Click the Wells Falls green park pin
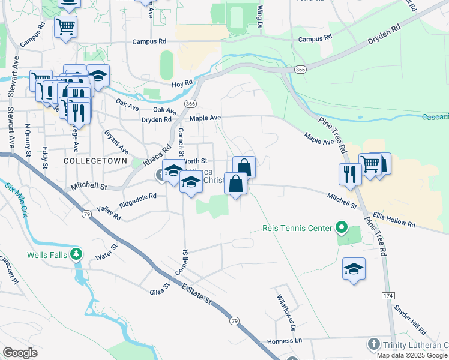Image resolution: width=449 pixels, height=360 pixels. coord(76,254)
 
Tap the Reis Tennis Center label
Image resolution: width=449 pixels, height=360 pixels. coord(297,228)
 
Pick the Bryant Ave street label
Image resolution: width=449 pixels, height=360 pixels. coord(116,142)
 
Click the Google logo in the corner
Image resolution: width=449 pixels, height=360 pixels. coord(20,353)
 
